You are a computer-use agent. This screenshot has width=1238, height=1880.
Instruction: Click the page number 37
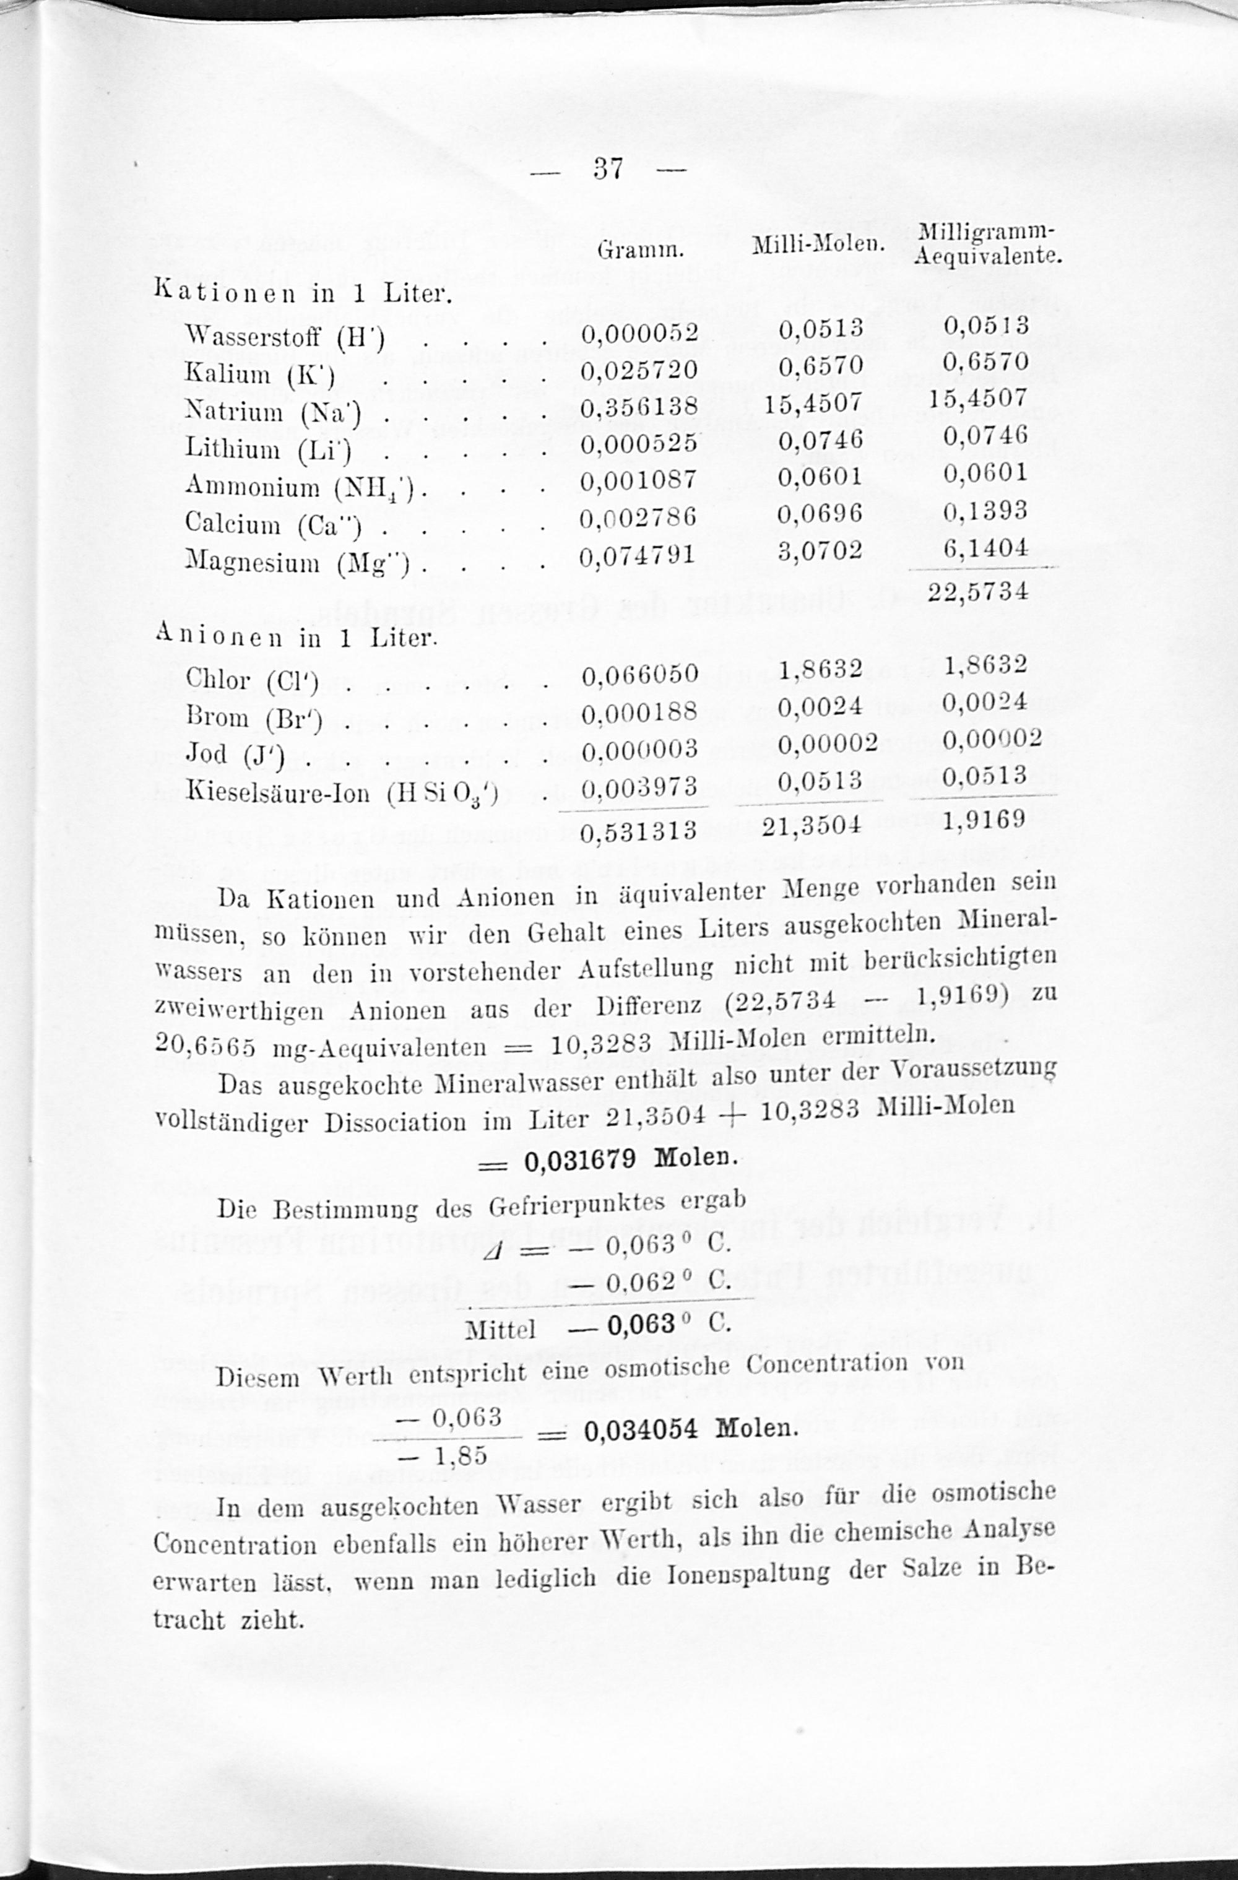(x=608, y=168)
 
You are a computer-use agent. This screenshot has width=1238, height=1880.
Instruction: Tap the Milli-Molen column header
(x=817, y=246)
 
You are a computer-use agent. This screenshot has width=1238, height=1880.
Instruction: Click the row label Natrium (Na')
(x=272, y=412)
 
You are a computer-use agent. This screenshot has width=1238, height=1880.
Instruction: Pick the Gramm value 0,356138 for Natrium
(x=639, y=407)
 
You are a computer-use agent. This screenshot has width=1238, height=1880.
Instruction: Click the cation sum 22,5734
(x=977, y=590)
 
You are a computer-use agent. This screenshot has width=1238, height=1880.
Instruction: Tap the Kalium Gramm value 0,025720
(x=639, y=370)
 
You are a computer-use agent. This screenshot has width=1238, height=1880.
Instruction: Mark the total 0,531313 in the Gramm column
(x=639, y=830)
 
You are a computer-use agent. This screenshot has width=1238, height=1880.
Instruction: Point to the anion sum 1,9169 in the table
(x=984, y=818)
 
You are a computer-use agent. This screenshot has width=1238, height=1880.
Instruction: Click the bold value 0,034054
(x=641, y=1429)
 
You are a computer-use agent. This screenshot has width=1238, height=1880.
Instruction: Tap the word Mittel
(x=501, y=1330)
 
